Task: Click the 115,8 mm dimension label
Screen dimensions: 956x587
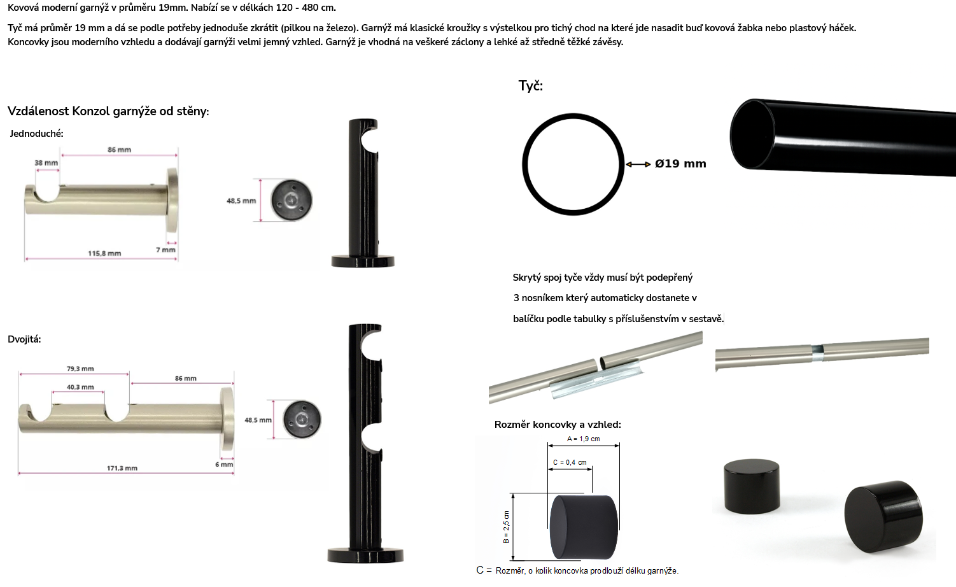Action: coord(104,253)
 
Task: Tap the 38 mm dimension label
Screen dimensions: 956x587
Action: coord(46,162)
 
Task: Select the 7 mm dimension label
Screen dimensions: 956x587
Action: coord(165,250)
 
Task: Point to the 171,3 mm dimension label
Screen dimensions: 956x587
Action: coord(122,468)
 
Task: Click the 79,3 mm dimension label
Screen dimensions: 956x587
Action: coord(80,369)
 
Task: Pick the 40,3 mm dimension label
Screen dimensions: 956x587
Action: coord(80,387)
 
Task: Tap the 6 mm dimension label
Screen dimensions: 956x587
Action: coord(224,465)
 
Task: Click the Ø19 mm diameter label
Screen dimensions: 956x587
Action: coord(681,164)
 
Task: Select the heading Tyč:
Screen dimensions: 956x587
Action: coord(530,86)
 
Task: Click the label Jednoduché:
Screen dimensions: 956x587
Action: coord(37,134)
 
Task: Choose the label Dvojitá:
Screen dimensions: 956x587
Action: coord(24,339)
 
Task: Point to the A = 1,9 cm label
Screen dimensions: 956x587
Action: coord(584,439)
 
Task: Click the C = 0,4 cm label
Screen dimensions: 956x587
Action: coord(570,462)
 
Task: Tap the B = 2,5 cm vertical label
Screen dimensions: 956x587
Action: coord(506,527)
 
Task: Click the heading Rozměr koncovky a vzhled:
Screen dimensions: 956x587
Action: coord(558,425)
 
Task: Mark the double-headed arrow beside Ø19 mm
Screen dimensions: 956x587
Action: coord(638,164)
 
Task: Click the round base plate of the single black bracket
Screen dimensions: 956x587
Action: coord(363,261)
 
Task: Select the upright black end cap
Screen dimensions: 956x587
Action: coord(752,486)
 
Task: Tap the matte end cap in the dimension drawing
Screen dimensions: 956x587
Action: coord(584,527)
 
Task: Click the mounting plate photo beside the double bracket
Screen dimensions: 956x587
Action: coord(302,420)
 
